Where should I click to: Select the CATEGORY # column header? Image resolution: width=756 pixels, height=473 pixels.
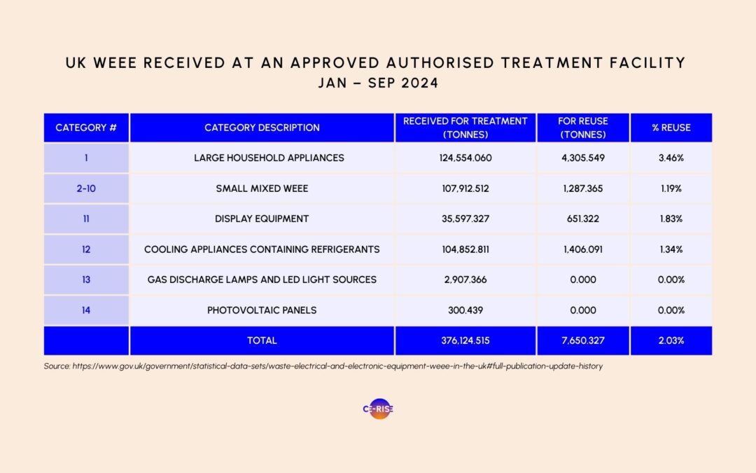pos(86,128)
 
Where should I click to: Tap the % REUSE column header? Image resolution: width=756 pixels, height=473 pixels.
pos(671,128)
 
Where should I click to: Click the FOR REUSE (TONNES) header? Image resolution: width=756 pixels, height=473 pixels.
pos(582,128)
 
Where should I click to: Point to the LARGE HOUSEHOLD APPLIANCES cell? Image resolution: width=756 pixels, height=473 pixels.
pos(269,158)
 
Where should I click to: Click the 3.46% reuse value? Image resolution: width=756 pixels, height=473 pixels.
pos(671,158)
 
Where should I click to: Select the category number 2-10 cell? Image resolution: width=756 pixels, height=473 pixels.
pos(86,188)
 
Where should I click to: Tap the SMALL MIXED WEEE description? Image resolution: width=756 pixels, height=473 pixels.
pos(262,188)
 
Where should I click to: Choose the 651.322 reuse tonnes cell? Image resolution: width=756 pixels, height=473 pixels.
pos(582,219)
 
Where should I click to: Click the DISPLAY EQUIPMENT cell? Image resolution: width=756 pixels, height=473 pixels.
pos(262,219)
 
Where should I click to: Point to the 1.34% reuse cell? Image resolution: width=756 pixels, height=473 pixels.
pos(671,249)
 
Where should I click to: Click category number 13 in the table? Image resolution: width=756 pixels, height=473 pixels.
pos(86,280)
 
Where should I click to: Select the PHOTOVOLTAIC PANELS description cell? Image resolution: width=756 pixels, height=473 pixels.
pos(262,310)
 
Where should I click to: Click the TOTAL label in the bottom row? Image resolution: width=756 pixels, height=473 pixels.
pos(262,341)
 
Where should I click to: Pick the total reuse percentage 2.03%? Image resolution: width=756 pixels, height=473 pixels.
pos(671,341)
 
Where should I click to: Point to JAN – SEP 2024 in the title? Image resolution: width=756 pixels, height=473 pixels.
pos(378,83)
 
